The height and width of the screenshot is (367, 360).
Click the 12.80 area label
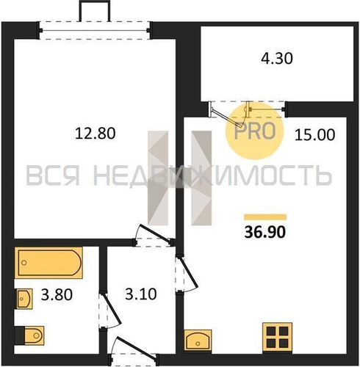click(x=95, y=134)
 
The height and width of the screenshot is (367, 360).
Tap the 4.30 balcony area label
click(x=277, y=59)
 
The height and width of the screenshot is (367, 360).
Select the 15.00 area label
click(x=314, y=135)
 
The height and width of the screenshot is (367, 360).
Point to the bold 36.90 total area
click(x=265, y=232)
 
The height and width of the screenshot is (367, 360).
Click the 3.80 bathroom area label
click(x=57, y=294)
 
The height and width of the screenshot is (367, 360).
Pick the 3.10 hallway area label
click(x=141, y=294)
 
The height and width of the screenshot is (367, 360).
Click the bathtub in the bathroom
click(x=48, y=263)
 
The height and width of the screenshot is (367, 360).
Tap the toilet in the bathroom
click(x=29, y=335)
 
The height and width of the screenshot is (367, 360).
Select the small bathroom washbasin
click(x=24, y=299)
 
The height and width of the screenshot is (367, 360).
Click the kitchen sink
click(x=198, y=340)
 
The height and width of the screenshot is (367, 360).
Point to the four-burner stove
click(x=277, y=338)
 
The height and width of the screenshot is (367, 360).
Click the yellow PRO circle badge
click(x=254, y=131)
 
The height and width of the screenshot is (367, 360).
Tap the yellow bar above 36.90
click(x=265, y=217)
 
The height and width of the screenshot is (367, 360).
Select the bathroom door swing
click(x=110, y=310)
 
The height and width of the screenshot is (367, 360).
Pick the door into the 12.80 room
click(x=153, y=234)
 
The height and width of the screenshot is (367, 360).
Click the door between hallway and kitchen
click(x=187, y=274)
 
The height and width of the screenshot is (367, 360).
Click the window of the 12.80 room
click(x=95, y=30)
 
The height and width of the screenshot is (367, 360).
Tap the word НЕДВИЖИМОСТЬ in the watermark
click(x=212, y=175)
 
